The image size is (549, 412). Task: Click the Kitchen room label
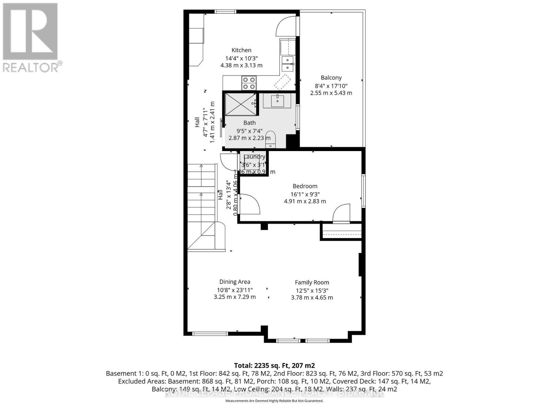tap(241, 50)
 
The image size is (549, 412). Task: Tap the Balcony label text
tap(331, 78)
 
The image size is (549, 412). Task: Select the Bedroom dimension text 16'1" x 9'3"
tap(305, 194)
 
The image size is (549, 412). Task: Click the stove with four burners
tap(249, 83)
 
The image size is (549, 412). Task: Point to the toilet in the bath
tap(271, 137)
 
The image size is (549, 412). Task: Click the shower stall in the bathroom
tap(240, 104)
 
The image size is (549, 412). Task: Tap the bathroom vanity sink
tap(277, 101)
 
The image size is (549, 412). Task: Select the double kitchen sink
tap(288, 64)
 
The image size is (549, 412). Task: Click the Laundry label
tap(254, 157)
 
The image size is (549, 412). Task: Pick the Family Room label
tap(312, 282)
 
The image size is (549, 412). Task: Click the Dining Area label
tap(235, 282)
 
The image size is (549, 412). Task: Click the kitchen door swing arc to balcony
tap(285, 26)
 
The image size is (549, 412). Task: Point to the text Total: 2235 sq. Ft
tap(274, 365)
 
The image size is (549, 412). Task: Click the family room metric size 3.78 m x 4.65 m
tap(312, 298)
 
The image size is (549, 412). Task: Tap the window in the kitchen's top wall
tap(225, 12)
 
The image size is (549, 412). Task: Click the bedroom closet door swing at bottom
tap(341, 214)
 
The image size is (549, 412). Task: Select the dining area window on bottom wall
tap(210, 333)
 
